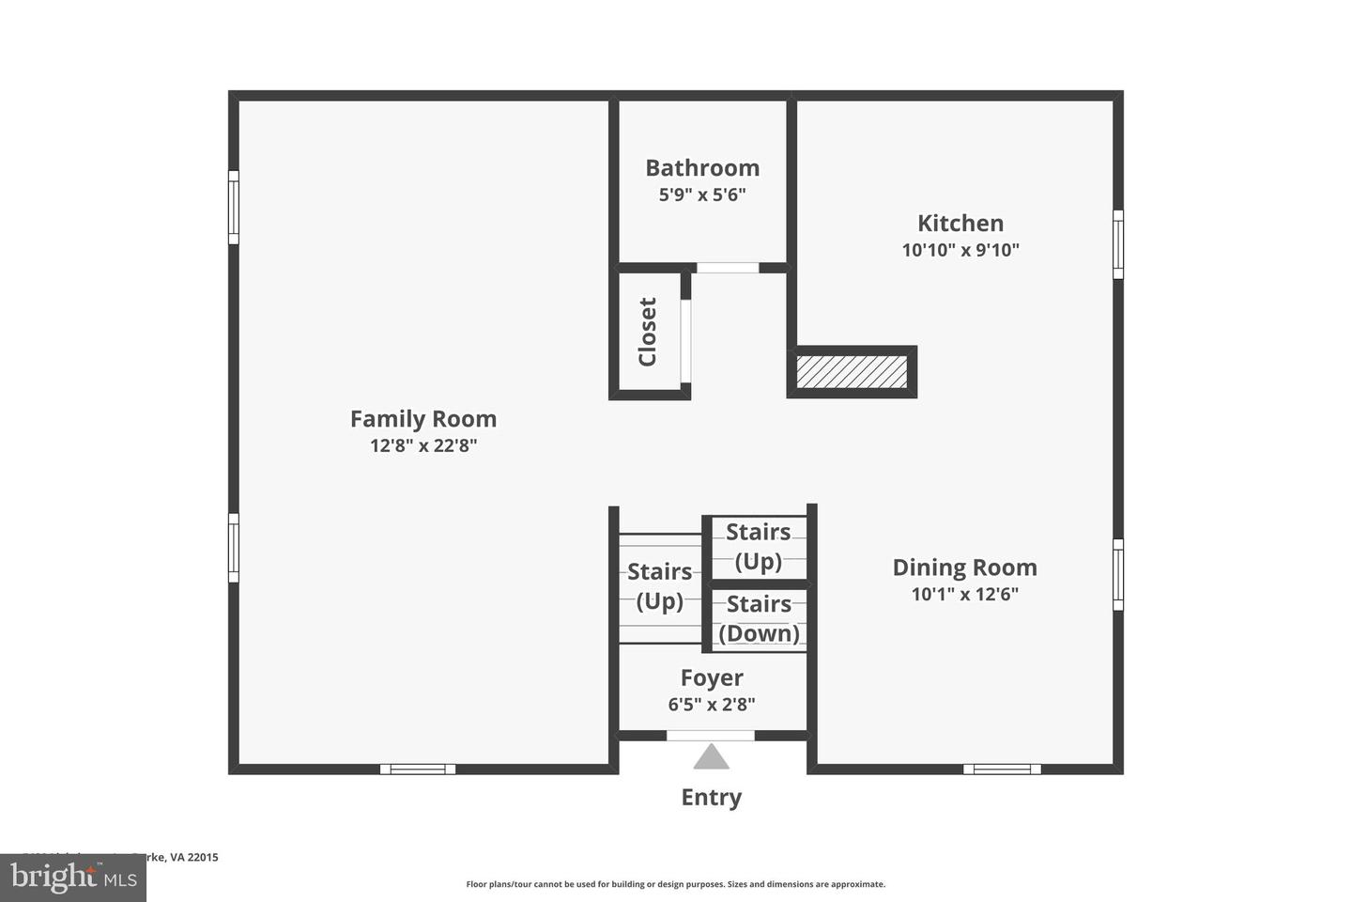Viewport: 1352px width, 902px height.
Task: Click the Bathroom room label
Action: (x=701, y=168)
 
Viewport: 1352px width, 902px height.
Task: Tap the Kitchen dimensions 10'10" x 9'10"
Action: (x=960, y=250)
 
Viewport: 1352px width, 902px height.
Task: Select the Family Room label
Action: (x=422, y=419)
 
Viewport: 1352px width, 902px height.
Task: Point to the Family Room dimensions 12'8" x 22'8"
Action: (x=422, y=445)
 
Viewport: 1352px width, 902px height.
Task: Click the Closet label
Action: (x=647, y=332)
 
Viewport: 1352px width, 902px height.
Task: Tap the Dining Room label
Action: (x=964, y=568)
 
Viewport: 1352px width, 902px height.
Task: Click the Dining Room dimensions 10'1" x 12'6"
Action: (x=964, y=594)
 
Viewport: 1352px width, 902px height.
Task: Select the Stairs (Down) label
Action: (x=759, y=618)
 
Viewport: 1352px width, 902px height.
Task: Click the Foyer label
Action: (x=712, y=677)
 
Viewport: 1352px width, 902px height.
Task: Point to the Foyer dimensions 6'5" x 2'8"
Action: (x=712, y=704)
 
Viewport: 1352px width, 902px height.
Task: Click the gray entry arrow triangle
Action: (x=711, y=757)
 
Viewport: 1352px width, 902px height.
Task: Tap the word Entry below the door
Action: (x=711, y=798)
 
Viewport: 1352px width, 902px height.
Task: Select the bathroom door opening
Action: (x=728, y=268)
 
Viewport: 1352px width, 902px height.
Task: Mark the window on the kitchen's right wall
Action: (x=1117, y=244)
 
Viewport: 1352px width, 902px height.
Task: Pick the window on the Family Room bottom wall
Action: (x=418, y=769)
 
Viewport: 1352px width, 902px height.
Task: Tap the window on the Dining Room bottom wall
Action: (x=1002, y=769)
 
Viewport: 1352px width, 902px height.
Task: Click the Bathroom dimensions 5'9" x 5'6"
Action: (x=701, y=195)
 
